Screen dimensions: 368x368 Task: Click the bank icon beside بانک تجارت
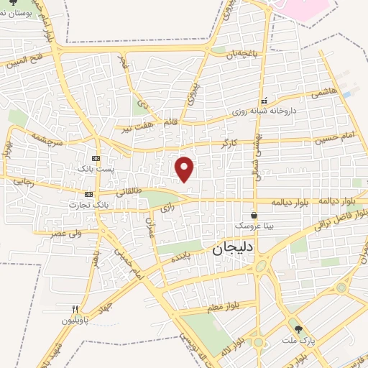pyautogui.click(x=88, y=194)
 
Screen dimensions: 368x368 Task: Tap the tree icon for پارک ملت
pyautogui.click(x=300, y=328)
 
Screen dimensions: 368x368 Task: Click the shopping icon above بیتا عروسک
pyautogui.click(x=254, y=215)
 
